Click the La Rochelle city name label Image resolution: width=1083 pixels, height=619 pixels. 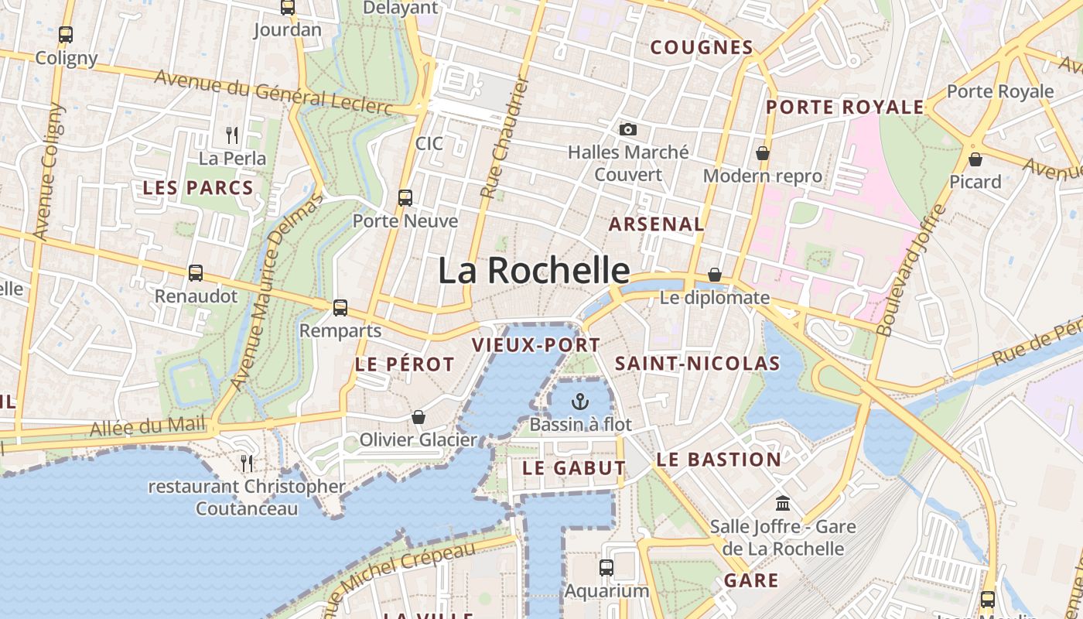click(534, 271)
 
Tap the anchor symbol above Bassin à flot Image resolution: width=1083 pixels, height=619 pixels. click(580, 402)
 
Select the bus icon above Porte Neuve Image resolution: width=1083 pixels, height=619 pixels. click(405, 197)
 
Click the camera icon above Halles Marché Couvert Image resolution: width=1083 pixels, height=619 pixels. click(628, 129)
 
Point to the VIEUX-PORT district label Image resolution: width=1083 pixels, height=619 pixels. click(536, 345)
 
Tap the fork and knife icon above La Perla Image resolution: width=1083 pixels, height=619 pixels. click(232, 135)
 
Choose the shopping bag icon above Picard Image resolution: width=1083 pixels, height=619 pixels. click(975, 159)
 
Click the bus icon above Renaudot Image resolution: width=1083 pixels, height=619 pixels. click(196, 272)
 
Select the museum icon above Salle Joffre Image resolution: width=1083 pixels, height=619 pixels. click(783, 504)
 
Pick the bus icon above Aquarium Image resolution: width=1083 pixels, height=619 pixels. click(606, 568)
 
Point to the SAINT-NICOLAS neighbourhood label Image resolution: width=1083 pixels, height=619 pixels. click(697, 364)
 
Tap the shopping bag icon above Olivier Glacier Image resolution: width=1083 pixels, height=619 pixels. click(419, 417)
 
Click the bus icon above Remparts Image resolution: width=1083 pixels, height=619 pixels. click(340, 308)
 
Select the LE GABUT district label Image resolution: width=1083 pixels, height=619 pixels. click(573, 468)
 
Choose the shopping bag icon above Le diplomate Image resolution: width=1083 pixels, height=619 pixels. click(715, 275)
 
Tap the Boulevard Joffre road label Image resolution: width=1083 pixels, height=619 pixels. click(910, 269)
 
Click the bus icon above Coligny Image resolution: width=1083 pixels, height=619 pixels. click(66, 35)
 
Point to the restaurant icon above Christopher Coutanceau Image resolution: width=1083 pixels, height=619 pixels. click(247, 463)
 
